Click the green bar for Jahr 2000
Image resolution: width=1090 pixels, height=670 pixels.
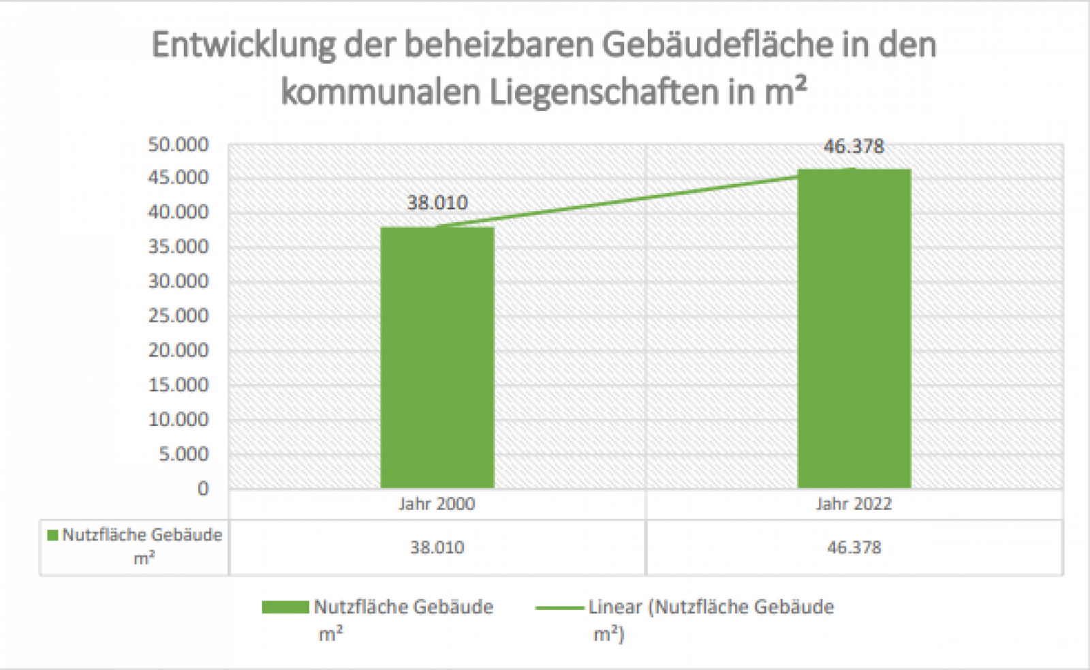pyautogui.click(x=437, y=358)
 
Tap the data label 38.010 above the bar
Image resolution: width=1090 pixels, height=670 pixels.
pyautogui.click(x=437, y=202)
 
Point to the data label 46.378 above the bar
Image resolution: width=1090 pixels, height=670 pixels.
pyautogui.click(x=854, y=147)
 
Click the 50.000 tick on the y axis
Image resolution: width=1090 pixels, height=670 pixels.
pyautogui.click(x=178, y=144)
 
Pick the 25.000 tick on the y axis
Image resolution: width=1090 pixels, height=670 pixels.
pyautogui.click(x=178, y=316)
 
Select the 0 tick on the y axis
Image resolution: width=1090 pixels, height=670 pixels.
pyautogui.click(x=203, y=489)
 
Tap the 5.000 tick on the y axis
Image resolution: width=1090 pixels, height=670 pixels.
pyautogui.click(x=183, y=454)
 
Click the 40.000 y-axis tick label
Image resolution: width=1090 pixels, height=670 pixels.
pyautogui.click(x=178, y=212)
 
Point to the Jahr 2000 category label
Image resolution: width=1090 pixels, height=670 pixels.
pyautogui.click(x=437, y=504)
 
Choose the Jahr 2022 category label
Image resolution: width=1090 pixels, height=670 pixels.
pyautogui.click(x=854, y=504)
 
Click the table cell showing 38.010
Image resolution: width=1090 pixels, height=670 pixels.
pyautogui.click(x=437, y=547)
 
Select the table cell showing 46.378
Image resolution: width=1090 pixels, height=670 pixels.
pyautogui.click(x=854, y=547)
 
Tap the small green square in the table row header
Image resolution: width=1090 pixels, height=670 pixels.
pyautogui.click(x=52, y=536)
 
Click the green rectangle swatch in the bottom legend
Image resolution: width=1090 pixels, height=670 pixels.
pyautogui.click(x=285, y=607)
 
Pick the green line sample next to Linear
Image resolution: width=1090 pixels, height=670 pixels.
pyautogui.click(x=559, y=607)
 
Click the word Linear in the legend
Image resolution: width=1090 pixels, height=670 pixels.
pyautogui.click(x=615, y=607)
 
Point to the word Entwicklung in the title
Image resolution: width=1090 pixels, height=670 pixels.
pyautogui.click(x=243, y=46)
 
